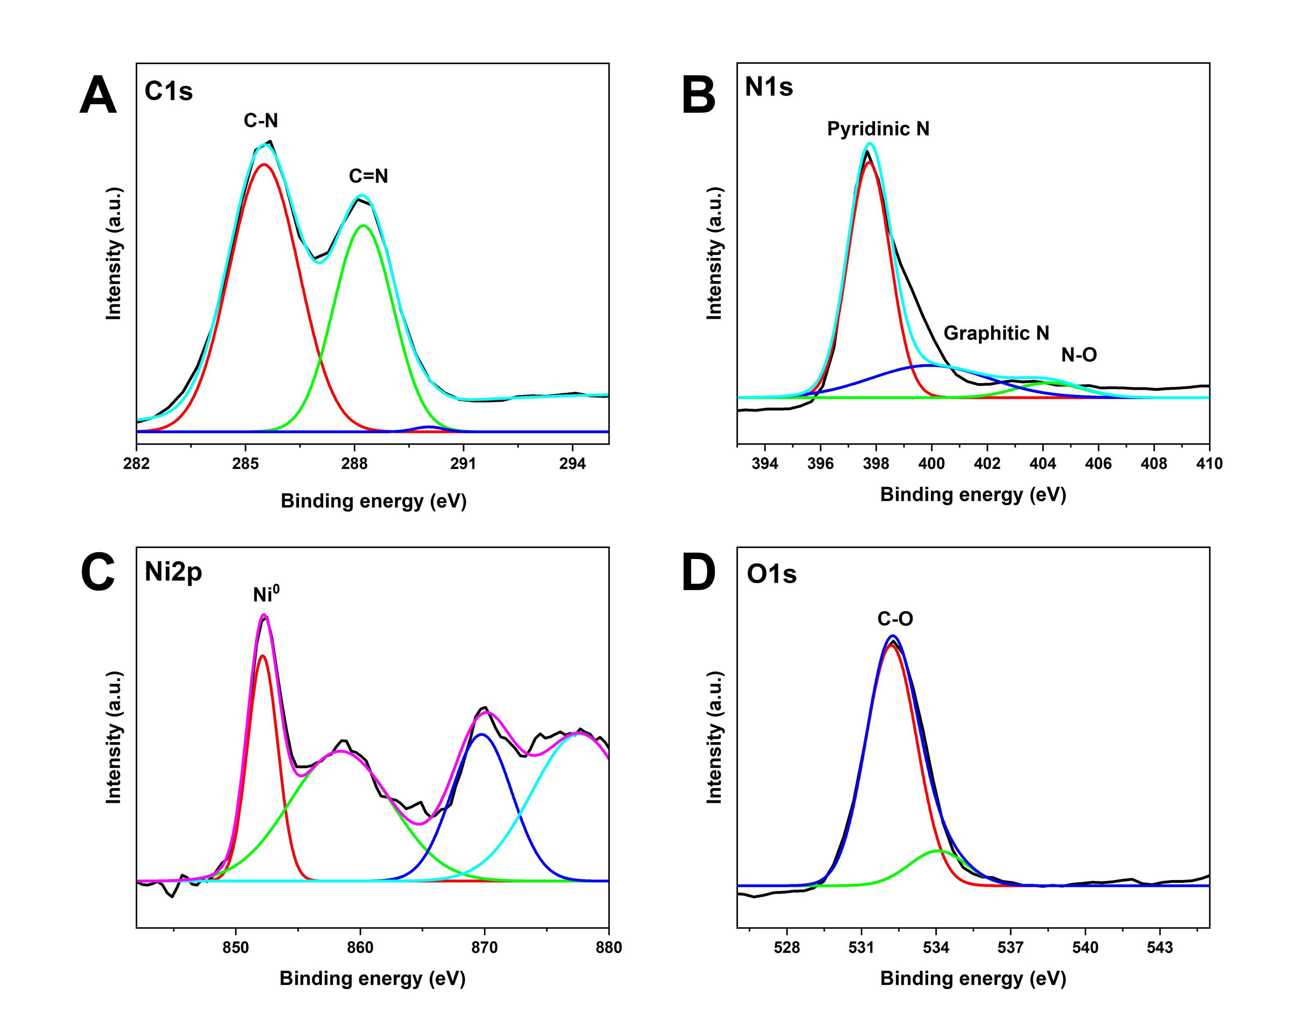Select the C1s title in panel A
tap(169, 91)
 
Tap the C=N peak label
tap(368, 176)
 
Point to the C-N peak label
tap(261, 121)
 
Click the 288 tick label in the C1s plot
tap(354, 463)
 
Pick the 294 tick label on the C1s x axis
tap(572, 463)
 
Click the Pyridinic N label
tap(878, 129)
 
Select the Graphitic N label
tap(996, 333)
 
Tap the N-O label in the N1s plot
tap(1079, 355)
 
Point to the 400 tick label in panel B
tap(931, 463)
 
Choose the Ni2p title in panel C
tap(174, 572)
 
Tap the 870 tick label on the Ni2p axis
tap(484, 948)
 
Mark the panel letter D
tap(698, 573)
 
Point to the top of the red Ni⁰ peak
tap(263, 656)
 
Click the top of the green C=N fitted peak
tap(363, 225)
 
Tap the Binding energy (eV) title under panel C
tap(372, 978)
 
